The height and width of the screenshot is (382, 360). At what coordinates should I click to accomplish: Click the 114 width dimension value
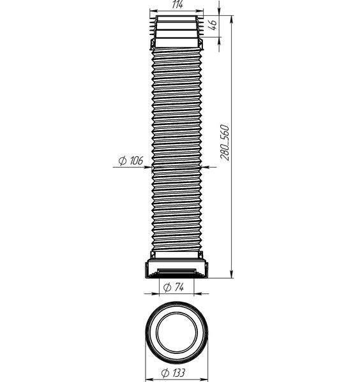click(x=177, y=4)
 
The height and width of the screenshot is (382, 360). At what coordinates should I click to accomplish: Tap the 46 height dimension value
click(x=213, y=25)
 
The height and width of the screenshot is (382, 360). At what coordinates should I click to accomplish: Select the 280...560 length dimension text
click(x=225, y=142)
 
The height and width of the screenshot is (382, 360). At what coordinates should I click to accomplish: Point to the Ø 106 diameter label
click(x=131, y=161)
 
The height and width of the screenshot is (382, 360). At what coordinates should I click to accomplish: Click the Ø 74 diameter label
click(x=174, y=288)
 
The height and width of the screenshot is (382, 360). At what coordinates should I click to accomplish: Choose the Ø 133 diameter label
click(x=173, y=372)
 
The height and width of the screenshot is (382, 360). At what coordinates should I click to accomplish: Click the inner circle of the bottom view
click(x=177, y=332)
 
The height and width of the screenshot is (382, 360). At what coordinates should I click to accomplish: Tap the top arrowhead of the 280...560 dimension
click(x=232, y=20)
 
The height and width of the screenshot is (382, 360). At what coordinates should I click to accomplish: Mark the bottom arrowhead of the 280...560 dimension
click(x=232, y=274)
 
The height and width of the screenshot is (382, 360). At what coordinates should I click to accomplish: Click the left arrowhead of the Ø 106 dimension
click(x=148, y=167)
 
